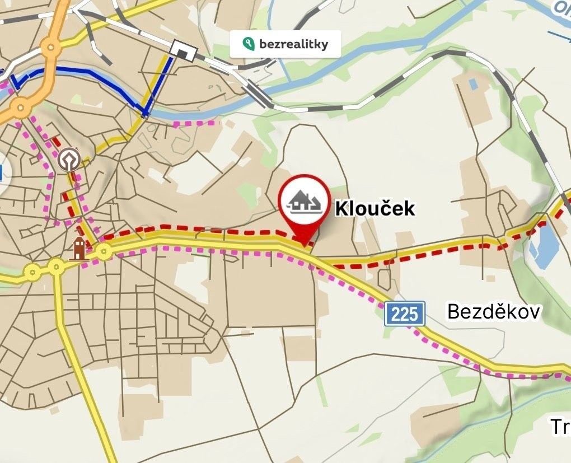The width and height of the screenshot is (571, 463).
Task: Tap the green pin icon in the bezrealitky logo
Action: click(246, 44)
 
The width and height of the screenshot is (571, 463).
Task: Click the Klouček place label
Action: click(375, 209)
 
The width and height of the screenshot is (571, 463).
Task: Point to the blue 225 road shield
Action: click(405, 314)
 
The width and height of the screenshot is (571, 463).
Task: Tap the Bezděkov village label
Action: click(493, 312)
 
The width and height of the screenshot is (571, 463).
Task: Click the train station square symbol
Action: click(184, 51)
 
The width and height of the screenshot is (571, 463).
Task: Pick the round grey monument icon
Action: click(68, 159)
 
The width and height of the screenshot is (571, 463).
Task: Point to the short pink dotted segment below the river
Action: click(194, 123)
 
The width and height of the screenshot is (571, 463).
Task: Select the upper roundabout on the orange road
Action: click(52, 48)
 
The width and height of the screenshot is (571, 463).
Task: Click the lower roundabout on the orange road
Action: click(21, 106)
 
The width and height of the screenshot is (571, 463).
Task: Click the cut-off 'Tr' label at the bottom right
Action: click(560, 427)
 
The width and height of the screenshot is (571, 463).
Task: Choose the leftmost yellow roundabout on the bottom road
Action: click(32, 273)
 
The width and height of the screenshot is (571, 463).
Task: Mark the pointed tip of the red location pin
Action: click(303, 244)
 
